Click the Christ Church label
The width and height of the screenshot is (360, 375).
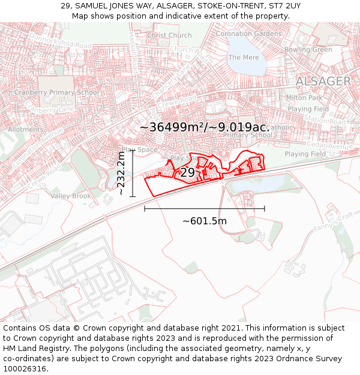coord(169,35)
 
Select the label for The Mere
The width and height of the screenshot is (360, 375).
coord(243,57)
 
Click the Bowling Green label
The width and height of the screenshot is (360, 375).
coord(308,50)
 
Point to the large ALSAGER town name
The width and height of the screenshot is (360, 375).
coord(323,81)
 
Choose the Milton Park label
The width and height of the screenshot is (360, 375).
coord(304,97)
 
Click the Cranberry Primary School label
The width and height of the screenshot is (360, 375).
coord(56,92)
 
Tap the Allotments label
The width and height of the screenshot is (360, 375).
coord(26,129)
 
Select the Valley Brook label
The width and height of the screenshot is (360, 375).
coord(71,196)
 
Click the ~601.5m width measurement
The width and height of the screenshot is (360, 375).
coord(205,221)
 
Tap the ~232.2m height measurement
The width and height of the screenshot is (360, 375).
coord(121,173)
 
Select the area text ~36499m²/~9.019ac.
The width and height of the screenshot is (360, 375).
coord(204,127)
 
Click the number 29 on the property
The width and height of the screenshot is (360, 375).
coord(187,173)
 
